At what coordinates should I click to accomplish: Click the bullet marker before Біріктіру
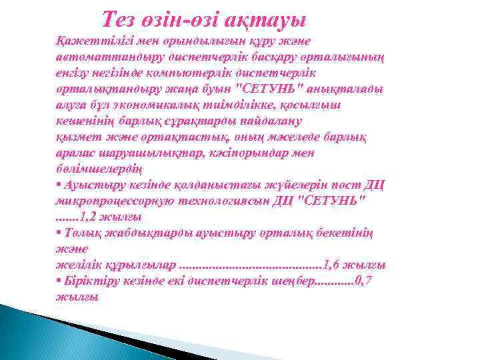(59, 281)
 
